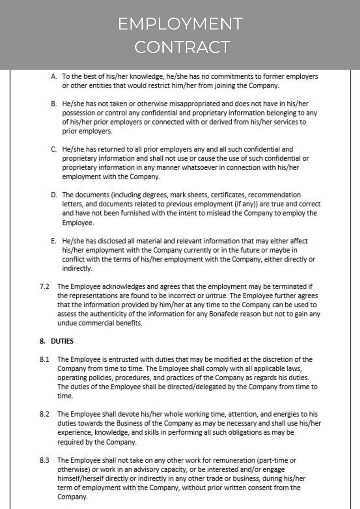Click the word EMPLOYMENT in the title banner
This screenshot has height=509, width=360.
click(180, 24)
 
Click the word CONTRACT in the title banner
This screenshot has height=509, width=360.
click(180, 47)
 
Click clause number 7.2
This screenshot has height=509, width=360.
click(44, 286)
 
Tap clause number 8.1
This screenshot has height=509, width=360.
click(44, 360)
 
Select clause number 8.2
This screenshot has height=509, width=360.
click(44, 414)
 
